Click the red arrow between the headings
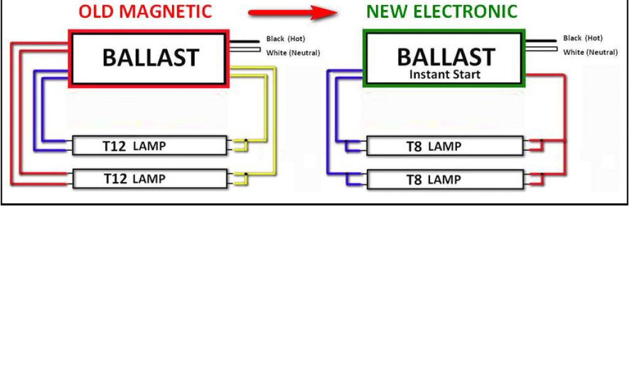point(288,12)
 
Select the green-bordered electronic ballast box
point(445,58)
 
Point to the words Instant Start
point(445,75)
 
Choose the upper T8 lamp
point(445,146)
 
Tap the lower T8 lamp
point(445,180)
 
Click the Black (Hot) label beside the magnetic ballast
point(286,39)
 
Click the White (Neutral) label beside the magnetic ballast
point(293,53)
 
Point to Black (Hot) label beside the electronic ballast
point(583,38)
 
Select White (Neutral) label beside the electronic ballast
point(590,52)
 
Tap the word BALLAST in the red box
point(150,58)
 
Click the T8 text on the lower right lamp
point(414,180)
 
